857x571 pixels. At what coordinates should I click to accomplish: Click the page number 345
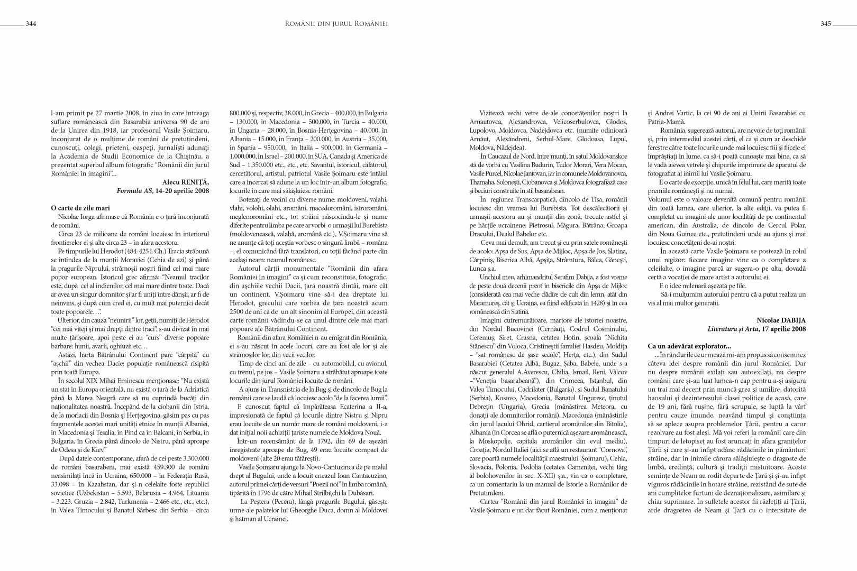[826, 24]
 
